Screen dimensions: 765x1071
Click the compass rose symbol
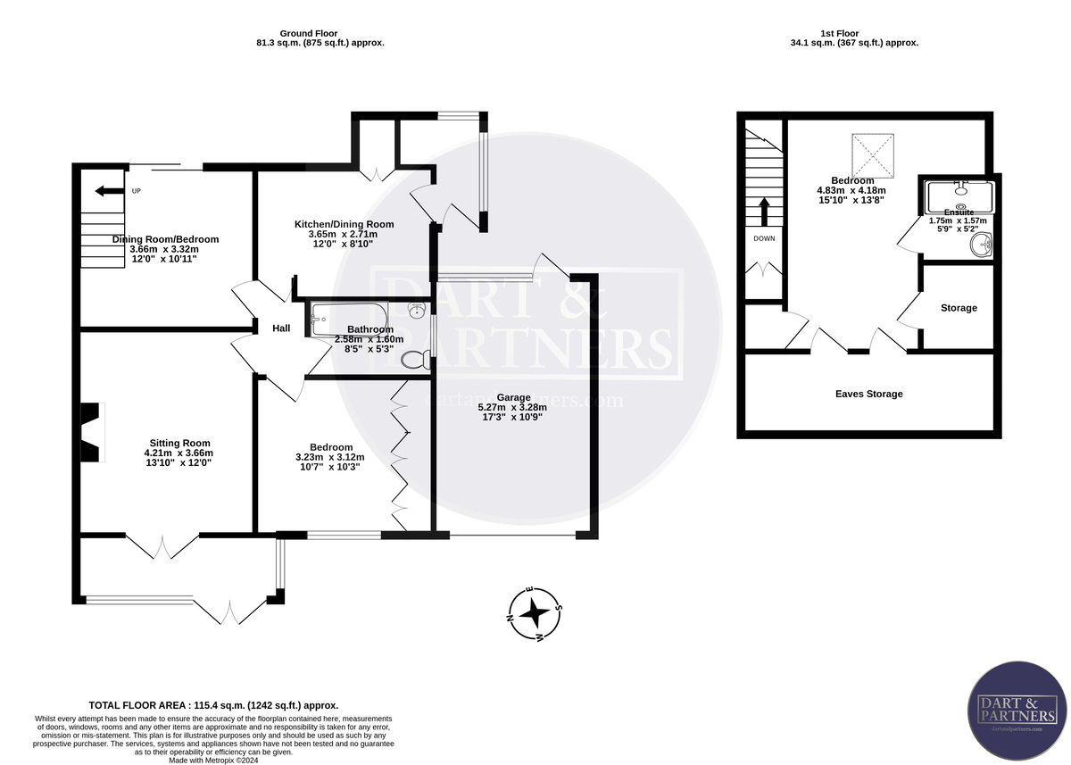click(x=535, y=614)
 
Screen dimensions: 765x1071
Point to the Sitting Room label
click(x=179, y=443)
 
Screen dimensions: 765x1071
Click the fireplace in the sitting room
click(x=91, y=432)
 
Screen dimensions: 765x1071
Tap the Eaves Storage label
click(x=868, y=394)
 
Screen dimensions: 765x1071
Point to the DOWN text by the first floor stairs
click(x=763, y=239)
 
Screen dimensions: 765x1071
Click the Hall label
click(x=281, y=328)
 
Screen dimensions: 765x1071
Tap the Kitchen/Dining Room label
click(x=345, y=224)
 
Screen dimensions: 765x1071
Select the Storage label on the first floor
click(x=959, y=308)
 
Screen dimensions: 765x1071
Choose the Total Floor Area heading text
click(x=213, y=705)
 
